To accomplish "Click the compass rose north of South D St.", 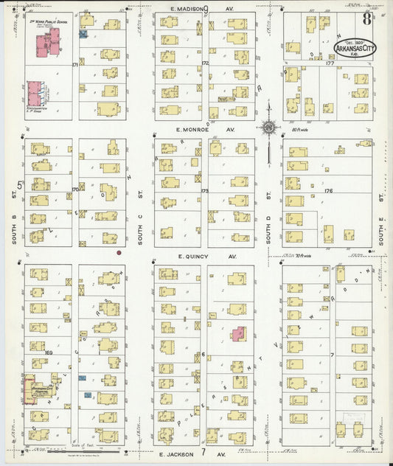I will pos(269,128).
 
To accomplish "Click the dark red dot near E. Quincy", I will pos(119,252).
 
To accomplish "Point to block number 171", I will pos(74,65).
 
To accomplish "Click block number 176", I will pos(328,191).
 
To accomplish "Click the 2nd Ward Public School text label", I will pos(44,19).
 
